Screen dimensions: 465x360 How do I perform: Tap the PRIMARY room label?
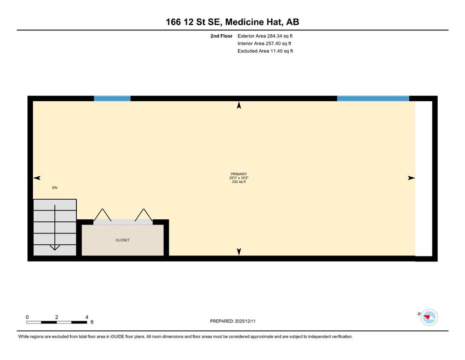(x=239, y=174)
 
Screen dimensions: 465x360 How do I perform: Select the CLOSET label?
(x=123, y=240)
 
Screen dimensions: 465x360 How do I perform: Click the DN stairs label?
(x=55, y=187)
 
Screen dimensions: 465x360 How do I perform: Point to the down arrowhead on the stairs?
(x=55, y=247)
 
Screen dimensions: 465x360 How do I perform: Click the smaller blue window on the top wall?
(x=112, y=98)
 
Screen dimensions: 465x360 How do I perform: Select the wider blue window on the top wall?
(x=373, y=98)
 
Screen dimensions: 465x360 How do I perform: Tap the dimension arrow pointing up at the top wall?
(x=239, y=105)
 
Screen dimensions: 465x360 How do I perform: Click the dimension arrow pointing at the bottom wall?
(x=239, y=252)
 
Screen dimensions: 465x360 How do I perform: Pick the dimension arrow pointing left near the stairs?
(x=37, y=178)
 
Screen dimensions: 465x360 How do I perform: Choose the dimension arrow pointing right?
(x=411, y=178)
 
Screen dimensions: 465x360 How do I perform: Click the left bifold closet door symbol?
(x=103, y=215)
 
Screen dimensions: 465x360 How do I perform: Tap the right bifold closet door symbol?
(x=144, y=215)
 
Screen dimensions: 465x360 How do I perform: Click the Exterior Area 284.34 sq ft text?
(x=265, y=36)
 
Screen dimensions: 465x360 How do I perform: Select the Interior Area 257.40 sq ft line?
(x=264, y=43)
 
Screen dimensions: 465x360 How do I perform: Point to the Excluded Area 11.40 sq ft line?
(x=265, y=51)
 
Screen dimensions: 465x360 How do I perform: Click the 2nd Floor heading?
(x=221, y=36)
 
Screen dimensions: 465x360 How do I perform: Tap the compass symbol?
(x=429, y=317)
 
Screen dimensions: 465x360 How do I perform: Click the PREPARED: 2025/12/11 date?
(x=232, y=321)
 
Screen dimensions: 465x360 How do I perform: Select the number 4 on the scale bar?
(x=87, y=317)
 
